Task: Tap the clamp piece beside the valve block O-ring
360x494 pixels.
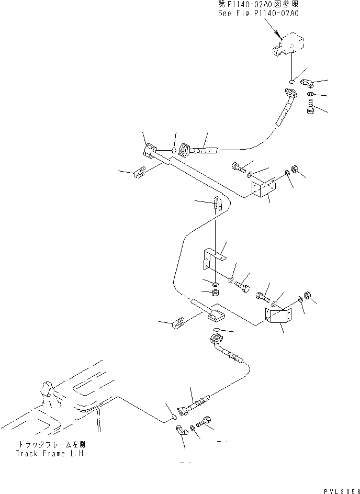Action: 307,83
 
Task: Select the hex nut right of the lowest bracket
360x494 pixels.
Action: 308,297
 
